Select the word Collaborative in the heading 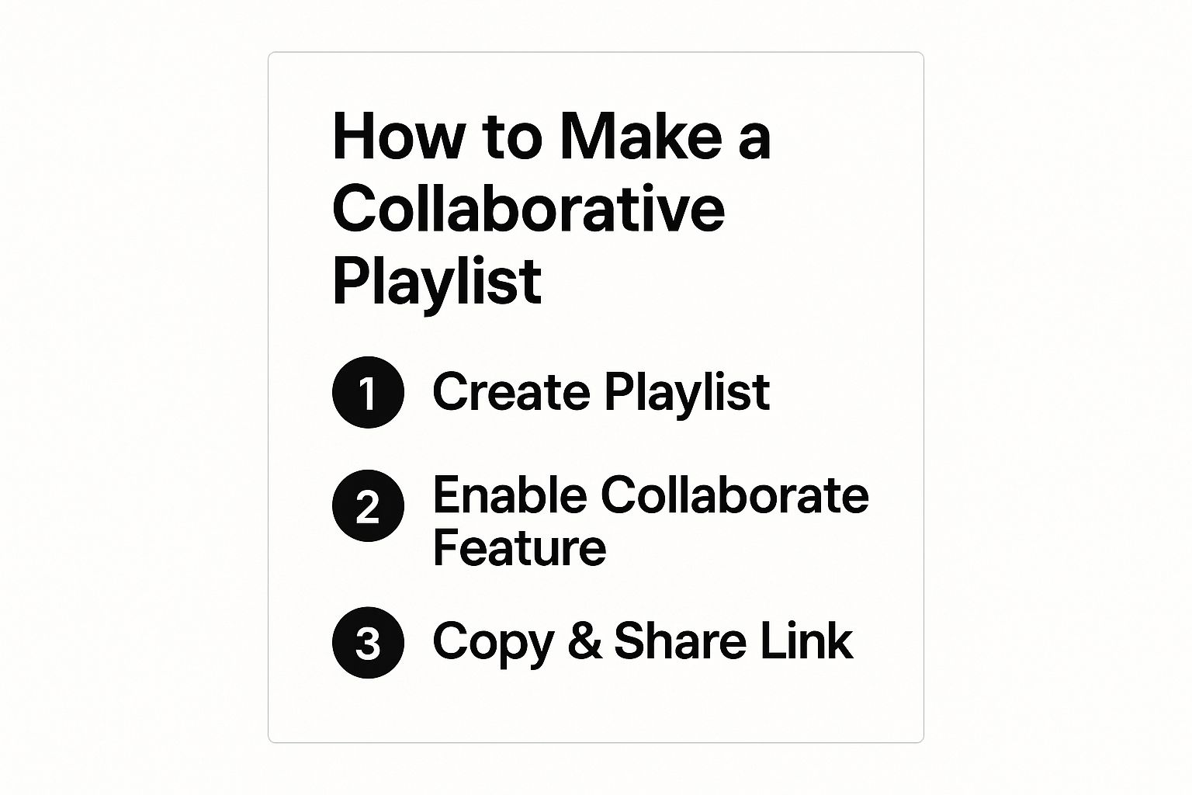pos(528,208)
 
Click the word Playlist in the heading pos(437,284)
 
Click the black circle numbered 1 pos(369,392)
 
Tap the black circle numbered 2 pos(369,506)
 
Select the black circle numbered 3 pos(369,643)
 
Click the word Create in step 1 pos(512,391)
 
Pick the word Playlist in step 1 pos(687,394)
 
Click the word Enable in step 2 pos(511,495)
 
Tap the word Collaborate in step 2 pos(735,495)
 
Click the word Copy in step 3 pos(494,644)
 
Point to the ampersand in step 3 pos(585,641)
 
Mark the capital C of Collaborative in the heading pos(352,209)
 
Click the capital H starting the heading pos(352,137)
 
